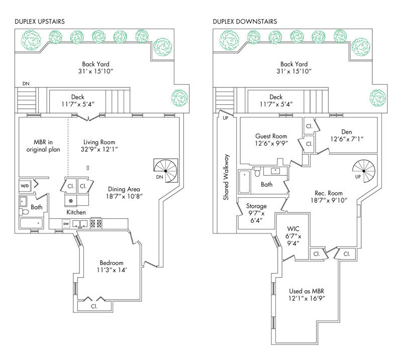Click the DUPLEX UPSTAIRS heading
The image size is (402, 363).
coord(39,22)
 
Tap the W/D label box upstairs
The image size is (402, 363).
coord(25,186)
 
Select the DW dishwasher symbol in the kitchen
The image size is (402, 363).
coord(66,224)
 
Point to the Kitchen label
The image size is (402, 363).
coord(76,213)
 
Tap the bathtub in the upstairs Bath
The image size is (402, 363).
coord(32,223)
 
